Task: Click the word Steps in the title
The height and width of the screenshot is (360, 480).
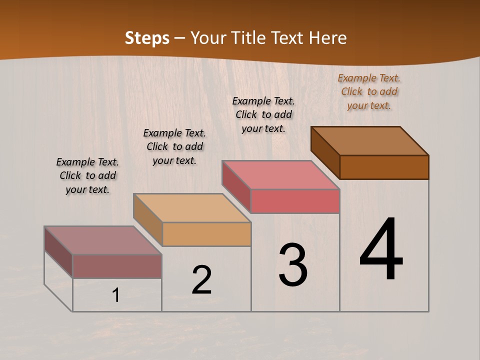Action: (147, 38)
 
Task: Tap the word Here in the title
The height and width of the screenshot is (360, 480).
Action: (327, 38)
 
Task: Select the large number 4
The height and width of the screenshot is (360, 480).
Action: (381, 249)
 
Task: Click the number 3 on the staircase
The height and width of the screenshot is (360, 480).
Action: (293, 264)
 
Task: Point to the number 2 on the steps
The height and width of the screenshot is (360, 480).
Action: (202, 280)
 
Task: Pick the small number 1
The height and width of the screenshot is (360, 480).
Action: (116, 295)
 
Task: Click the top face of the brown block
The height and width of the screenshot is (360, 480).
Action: (369, 140)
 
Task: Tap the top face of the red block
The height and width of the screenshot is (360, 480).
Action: (280, 174)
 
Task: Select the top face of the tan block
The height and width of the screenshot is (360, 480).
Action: (191, 207)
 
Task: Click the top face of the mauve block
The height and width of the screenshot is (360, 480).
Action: (103, 240)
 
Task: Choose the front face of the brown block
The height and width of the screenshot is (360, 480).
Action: (384, 167)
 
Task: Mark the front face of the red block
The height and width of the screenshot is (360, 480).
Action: (295, 201)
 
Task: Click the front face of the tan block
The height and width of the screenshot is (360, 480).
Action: (206, 234)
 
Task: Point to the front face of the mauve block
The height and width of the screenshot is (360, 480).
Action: (117, 266)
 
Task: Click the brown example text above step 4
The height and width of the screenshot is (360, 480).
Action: (369, 91)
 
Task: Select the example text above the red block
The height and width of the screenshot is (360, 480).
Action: (263, 114)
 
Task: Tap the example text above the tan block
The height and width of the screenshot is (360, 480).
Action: (174, 146)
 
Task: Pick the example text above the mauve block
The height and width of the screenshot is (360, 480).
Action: (87, 175)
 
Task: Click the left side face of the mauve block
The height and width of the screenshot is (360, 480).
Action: (58, 251)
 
